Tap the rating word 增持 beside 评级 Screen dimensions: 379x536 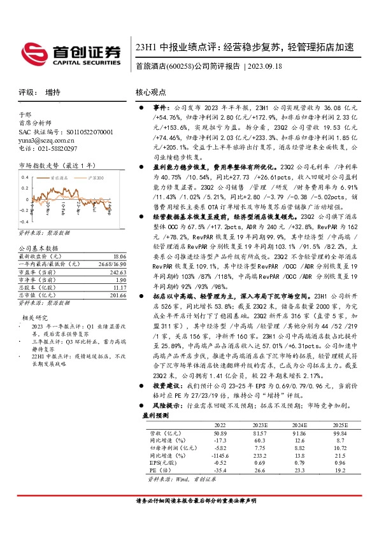click(x=54, y=92)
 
